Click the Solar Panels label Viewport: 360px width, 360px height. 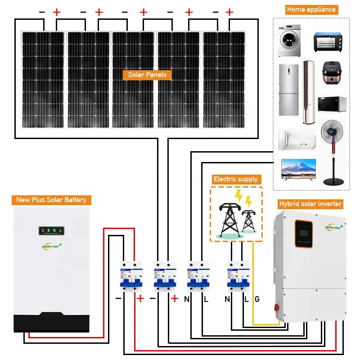[147, 75]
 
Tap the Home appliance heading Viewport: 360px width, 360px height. [311, 9]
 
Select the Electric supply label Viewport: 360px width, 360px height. [236, 179]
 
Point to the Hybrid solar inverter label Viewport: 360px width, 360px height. [310, 204]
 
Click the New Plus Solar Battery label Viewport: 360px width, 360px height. [51, 200]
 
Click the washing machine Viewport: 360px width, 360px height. [288, 40]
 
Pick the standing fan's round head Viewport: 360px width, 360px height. [333, 135]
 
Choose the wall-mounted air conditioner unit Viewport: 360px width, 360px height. [297, 139]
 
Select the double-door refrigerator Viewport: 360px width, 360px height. [288, 90]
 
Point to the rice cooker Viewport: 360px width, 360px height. [333, 74]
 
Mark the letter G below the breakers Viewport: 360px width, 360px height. [257, 299]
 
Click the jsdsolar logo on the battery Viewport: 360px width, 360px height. [50, 246]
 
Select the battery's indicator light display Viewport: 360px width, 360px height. [50, 231]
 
